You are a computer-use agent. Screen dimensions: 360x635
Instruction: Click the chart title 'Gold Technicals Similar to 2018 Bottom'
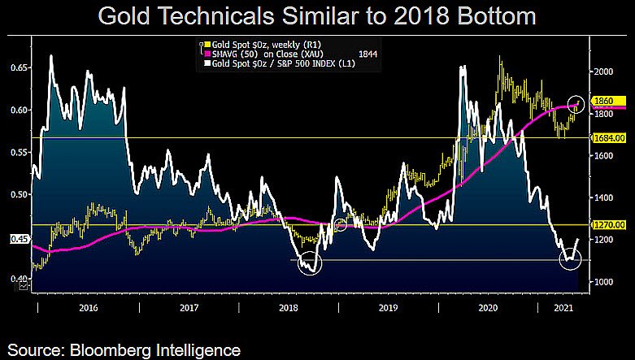tap(317, 17)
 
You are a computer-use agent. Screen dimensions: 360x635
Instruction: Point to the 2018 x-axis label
tap(288, 308)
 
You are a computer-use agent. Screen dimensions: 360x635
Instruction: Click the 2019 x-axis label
tap(388, 308)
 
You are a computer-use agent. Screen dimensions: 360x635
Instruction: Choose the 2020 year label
tap(488, 308)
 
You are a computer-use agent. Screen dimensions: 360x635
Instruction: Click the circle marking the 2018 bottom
tap(310, 263)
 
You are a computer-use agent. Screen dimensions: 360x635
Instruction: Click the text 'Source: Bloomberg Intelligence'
tap(121, 349)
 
